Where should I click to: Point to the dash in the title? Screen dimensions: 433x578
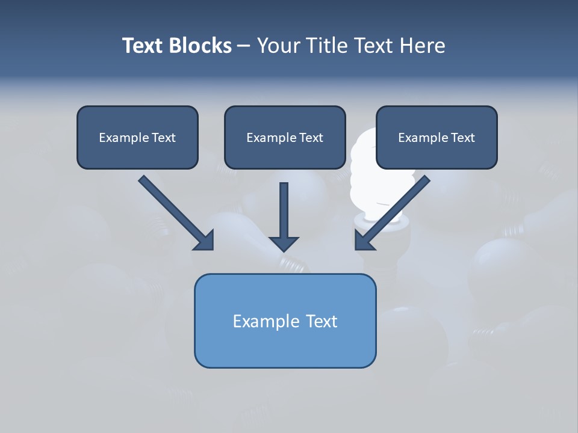244,46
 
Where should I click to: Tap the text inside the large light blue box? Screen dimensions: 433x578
285,321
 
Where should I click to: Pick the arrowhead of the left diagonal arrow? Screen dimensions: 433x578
205,241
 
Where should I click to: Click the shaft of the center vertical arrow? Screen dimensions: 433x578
284,207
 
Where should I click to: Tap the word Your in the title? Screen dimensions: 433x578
281,46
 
